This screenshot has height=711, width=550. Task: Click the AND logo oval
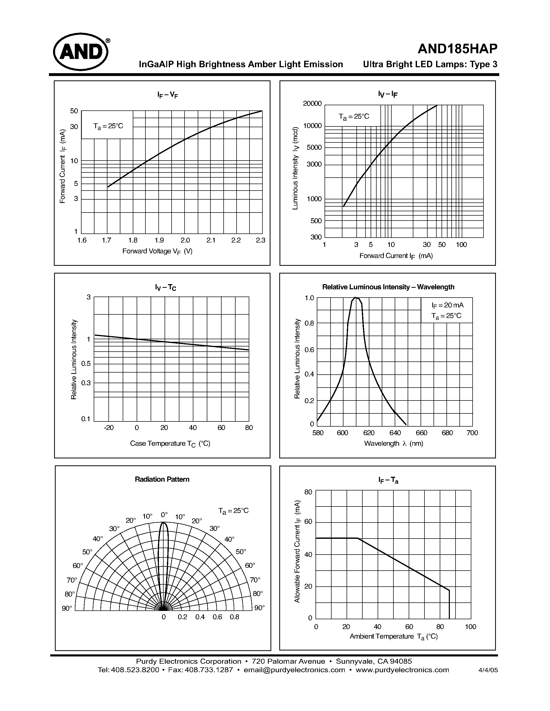point(81,52)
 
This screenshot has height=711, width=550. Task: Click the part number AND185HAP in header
point(457,49)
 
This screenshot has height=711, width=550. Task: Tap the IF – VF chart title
point(167,95)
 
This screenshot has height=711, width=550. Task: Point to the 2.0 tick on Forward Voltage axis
point(185,240)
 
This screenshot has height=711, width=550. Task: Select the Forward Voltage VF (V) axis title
point(157,251)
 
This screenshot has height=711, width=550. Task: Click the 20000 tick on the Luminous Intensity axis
point(312,103)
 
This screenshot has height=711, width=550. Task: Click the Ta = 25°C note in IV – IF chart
point(354,117)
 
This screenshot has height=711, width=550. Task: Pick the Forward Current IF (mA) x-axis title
point(396,256)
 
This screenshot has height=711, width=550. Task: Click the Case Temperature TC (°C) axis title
point(170,443)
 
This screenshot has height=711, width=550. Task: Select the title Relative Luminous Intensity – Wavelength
point(388,287)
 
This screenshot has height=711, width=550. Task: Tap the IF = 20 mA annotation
point(447,305)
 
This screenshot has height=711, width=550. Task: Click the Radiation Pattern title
point(162,479)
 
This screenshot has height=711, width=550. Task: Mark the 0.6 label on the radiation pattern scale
point(217,617)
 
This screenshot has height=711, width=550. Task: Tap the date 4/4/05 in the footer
point(488,670)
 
